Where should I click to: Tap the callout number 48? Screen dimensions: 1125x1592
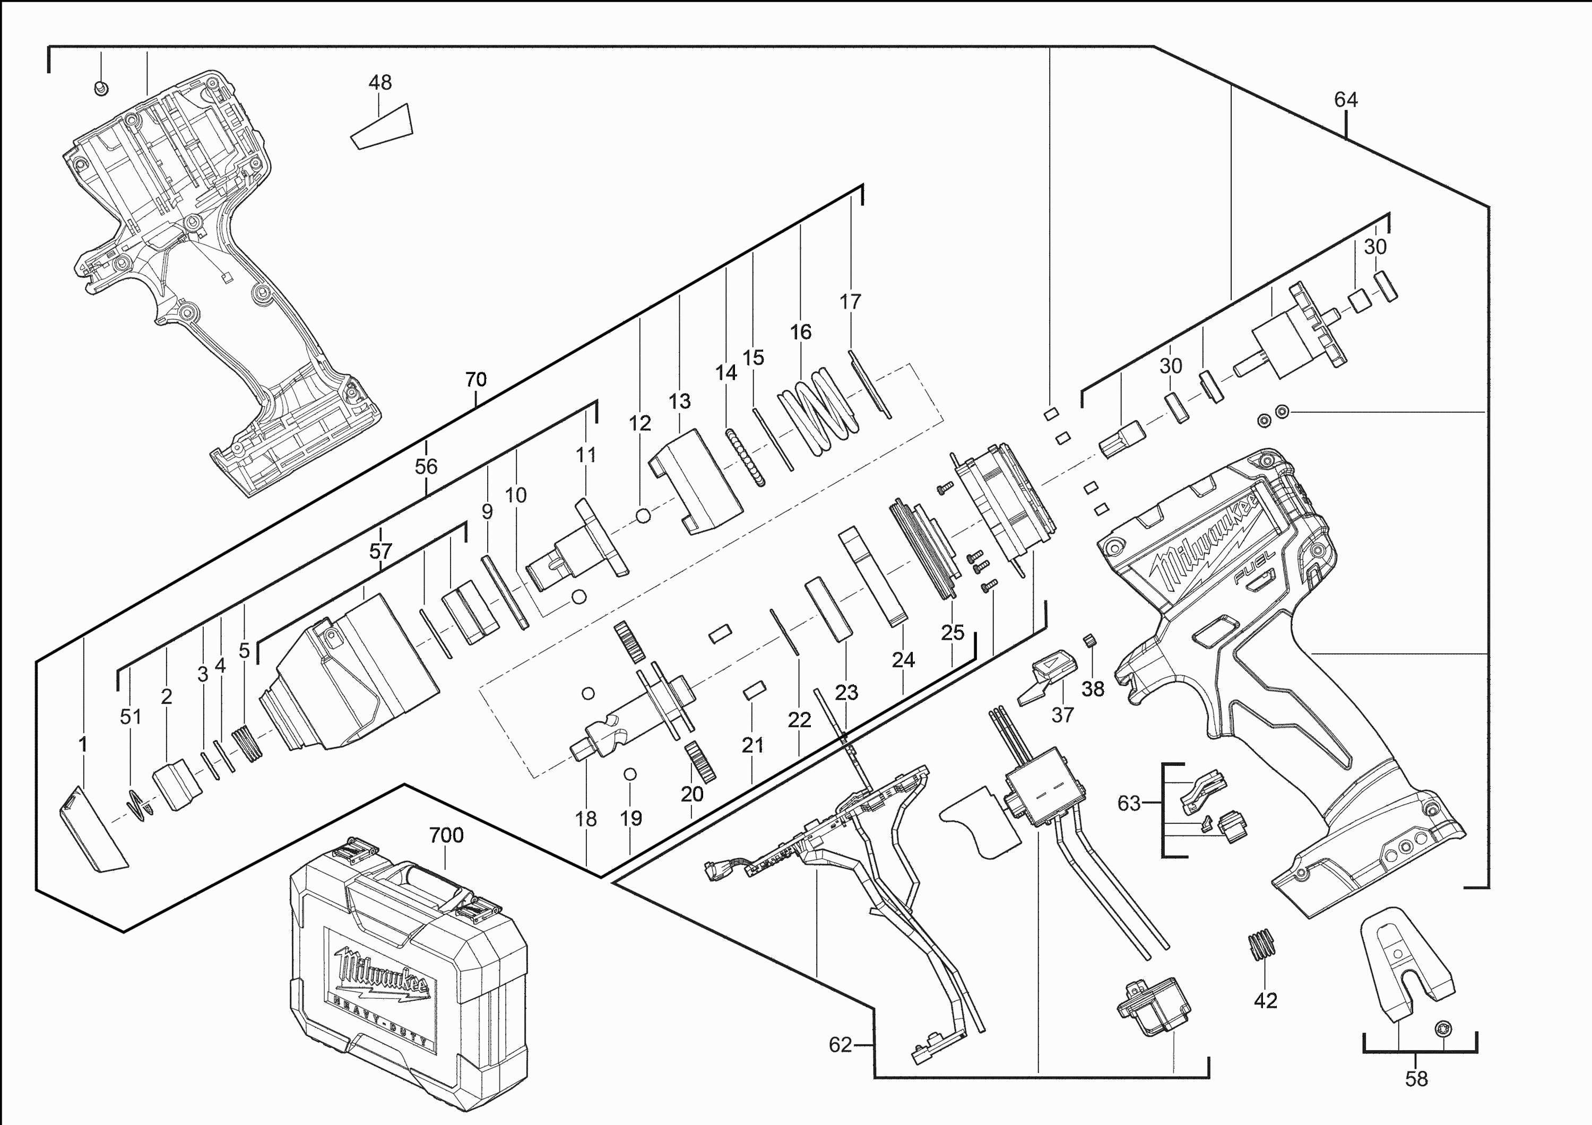380,83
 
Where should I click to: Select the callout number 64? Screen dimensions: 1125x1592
1346,100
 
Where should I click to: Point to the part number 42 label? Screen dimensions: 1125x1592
1266,1000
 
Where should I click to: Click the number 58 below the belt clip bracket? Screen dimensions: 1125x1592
1416,1078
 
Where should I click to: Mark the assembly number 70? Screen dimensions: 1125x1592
475,379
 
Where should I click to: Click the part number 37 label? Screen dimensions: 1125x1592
1062,714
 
